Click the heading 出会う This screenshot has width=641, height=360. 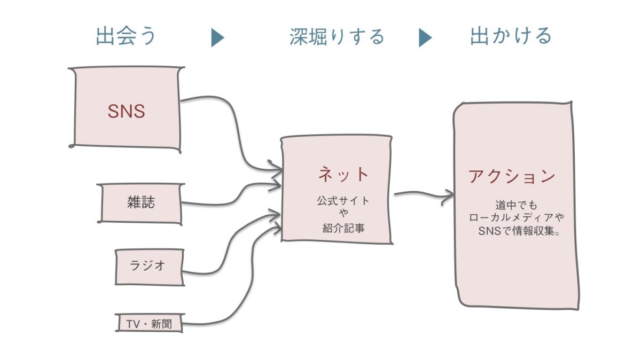[x=127, y=36]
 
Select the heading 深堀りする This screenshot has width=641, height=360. [x=337, y=36]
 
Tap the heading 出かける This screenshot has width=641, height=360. [x=511, y=36]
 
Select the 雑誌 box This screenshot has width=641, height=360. [x=141, y=203]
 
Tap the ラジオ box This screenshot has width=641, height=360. [x=150, y=266]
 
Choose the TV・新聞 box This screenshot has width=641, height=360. [x=150, y=323]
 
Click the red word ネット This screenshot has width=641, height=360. [x=343, y=174]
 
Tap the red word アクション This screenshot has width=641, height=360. [x=512, y=176]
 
